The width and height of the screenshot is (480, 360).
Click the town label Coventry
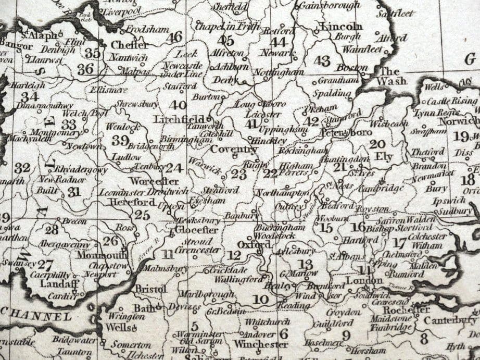234,150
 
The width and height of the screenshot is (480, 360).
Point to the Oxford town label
246,244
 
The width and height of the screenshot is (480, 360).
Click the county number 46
174,37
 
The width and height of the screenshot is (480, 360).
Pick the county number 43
322,61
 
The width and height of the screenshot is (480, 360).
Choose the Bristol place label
150,289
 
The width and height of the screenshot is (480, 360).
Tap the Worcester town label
147,181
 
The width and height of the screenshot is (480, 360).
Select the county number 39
120,140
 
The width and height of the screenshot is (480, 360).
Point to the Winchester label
260,344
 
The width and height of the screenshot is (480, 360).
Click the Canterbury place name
450,319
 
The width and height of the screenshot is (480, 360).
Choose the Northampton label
282,193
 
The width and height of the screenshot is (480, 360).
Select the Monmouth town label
102,255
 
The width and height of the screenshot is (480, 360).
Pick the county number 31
74,192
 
